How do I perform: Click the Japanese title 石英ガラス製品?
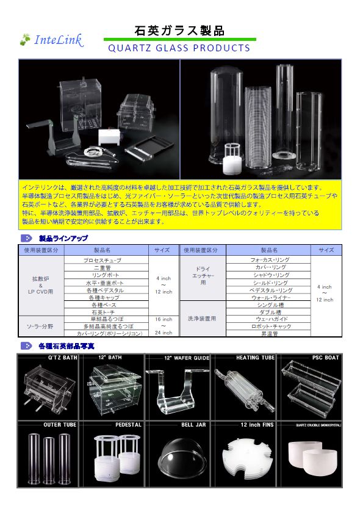179,31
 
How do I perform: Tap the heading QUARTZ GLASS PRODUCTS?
179,48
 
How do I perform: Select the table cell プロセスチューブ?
102,261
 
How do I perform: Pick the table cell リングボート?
102,275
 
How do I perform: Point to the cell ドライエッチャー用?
203,275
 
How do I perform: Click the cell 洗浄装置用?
203,319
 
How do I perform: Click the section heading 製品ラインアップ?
63,238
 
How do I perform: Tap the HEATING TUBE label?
256,358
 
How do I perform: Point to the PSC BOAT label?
325,358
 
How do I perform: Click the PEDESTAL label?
128,425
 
